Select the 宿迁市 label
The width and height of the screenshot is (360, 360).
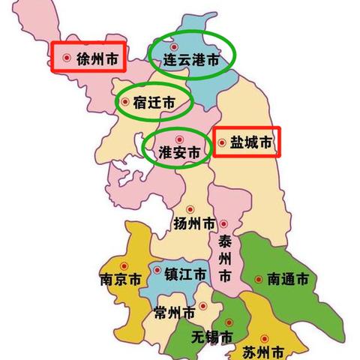point(154,103)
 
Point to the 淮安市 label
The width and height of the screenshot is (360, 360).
point(180,152)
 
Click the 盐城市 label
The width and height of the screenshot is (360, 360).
point(250,142)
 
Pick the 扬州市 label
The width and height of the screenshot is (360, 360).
point(194,223)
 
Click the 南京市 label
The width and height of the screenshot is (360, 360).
point(120,281)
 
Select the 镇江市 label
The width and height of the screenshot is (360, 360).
point(186,274)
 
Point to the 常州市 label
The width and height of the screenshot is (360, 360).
point(172,310)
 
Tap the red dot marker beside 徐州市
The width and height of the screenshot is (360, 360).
point(67,57)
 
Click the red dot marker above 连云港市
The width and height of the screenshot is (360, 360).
point(174,47)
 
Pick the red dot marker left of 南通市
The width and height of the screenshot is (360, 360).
point(258,279)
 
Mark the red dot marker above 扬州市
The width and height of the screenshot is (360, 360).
point(190,209)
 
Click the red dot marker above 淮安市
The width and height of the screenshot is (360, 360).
point(178,139)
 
